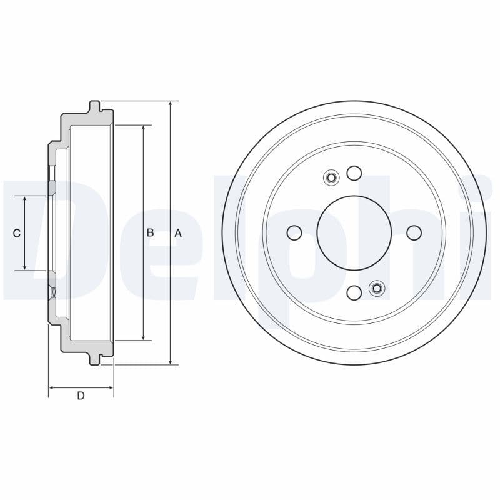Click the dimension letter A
coord(177,233)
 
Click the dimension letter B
coord(150,233)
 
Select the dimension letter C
coord(17,233)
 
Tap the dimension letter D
coord(81,396)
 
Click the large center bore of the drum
coord(354,233)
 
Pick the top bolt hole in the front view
coord(354,173)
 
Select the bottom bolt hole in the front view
coord(354,292)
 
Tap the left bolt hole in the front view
coord(294,233)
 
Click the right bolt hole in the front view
coord(414,233)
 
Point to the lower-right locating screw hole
coord(377,287)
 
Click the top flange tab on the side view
coord(94,106)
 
